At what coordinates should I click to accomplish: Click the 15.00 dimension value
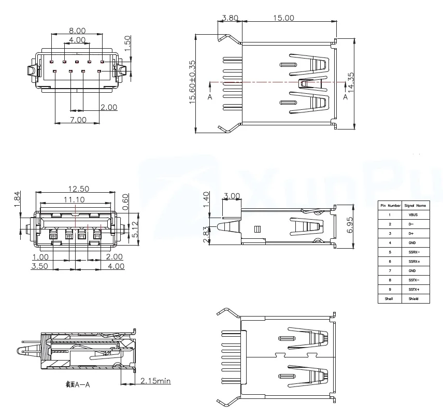click(283, 18)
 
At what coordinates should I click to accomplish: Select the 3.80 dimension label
click(230, 18)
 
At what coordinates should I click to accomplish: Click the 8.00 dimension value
click(77, 31)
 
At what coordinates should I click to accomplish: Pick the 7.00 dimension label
click(78, 120)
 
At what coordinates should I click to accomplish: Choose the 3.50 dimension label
click(40, 266)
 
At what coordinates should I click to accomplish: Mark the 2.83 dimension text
click(206, 234)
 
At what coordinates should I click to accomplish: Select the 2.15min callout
click(155, 381)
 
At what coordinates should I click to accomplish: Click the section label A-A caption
click(78, 384)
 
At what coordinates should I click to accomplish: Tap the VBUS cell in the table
click(412, 214)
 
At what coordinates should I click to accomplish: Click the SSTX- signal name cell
click(412, 280)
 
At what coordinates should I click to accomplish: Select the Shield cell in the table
click(412, 299)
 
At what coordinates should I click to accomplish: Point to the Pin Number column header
click(390, 205)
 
